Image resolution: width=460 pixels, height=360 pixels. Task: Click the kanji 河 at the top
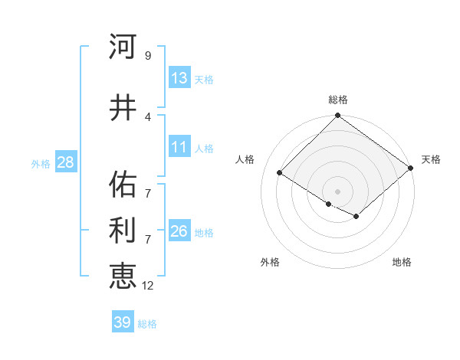pyautogui.click(x=123, y=47)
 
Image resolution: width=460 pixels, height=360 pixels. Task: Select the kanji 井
pyautogui.click(x=123, y=107)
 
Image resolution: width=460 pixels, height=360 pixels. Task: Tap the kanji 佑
pyautogui.click(x=123, y=185)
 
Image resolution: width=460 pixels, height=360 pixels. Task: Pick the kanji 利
pyautogui.click(x=123, y=231)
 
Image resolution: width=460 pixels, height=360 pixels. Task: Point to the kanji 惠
pyautogui.click(x=123, y=276)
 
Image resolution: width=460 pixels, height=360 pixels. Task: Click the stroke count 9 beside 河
pyautogui.click(x=147, y=56)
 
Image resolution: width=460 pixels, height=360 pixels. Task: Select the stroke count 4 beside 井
pyautogui.click(x=147, y=116)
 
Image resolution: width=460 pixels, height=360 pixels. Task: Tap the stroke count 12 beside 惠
pyautogui.click(x=147, y=285)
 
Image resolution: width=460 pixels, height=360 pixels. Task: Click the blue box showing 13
pyautogui.click(x=179, y=78)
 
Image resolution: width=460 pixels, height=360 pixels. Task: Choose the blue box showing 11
pyautogui.click(x=179, y=147)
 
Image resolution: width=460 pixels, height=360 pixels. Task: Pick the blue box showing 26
pyautogui.click(x=179, y=231)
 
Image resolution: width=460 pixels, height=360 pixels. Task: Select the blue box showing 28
pyautogui.click(x=64, y=162)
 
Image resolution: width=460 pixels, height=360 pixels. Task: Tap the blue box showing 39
pyautogui.click(x=122, y=322)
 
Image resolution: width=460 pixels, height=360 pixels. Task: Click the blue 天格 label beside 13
pyautogui.click(x=204, y=79)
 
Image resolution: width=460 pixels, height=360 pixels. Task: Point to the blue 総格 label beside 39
pyautogui.click(x=147, y=323)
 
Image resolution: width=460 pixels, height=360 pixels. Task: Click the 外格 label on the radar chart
pyautogui.click(x=270, y=262)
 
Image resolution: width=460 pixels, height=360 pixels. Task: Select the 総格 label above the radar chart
pyautogui.click(x=337, y=100)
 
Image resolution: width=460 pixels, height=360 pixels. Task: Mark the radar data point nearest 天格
pyautogui.click(x=411, y=168)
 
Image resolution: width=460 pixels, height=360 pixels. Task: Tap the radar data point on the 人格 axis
pyautogui.click(x=280, y=173)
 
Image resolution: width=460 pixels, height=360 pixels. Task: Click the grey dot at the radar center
pyautogui.click(x=337, y=191)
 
